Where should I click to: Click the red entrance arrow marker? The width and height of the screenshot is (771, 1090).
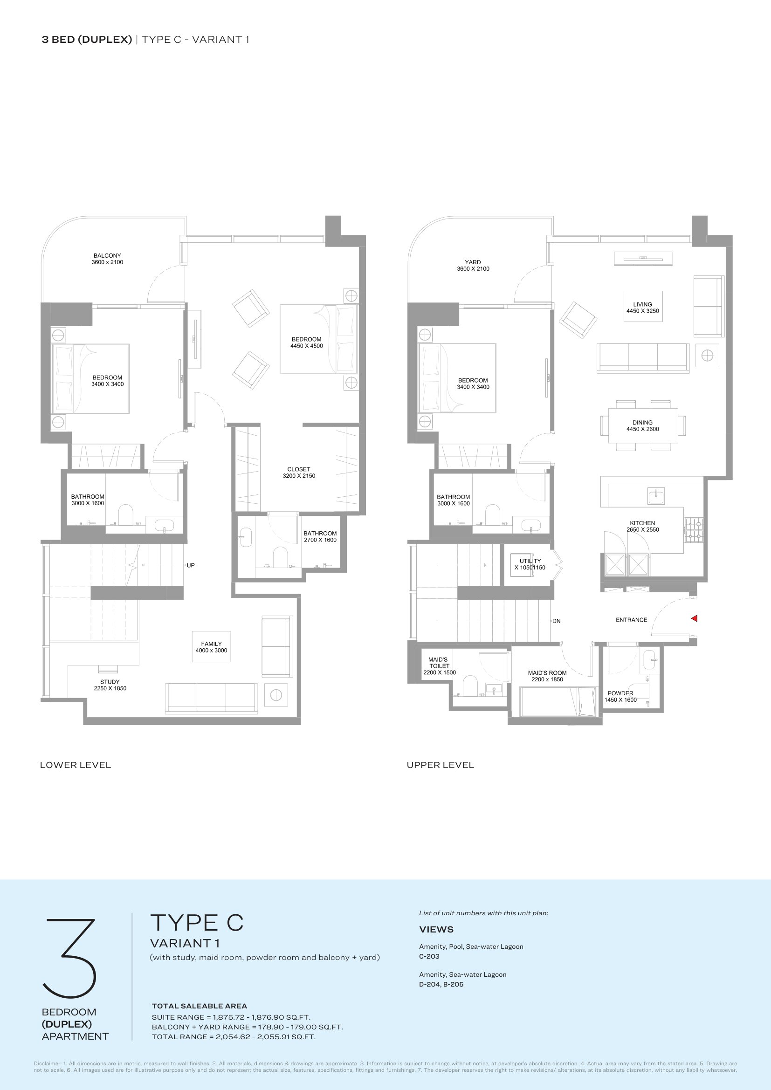(694, 618)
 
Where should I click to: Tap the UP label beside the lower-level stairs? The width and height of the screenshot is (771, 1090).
(190, 565)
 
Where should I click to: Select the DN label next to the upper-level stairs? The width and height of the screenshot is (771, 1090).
(557, 621)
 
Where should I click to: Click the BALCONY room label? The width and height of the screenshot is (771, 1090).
(107, 255)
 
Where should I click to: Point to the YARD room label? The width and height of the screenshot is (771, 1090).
(473, 262)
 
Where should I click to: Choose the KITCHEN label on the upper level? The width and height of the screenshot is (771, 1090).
(642, 523)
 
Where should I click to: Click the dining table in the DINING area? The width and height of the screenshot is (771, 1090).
(643, 425)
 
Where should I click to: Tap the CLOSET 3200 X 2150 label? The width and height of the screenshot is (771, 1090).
(299, 473)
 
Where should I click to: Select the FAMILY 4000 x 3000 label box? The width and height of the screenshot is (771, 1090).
(211, 647)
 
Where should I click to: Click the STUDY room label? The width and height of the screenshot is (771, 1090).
(110, 682)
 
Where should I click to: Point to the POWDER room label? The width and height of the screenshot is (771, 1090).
(620, 693)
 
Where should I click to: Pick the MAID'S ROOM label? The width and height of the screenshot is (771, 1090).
(547, 673)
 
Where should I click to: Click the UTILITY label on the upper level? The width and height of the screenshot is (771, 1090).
(530, 561)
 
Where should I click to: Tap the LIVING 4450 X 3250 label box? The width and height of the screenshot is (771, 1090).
(643, 306)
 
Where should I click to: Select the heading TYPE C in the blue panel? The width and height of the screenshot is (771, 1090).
(197, 923)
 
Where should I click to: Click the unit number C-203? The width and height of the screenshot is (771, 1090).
(429, 957)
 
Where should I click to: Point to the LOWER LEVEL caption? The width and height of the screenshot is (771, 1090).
(76, 765)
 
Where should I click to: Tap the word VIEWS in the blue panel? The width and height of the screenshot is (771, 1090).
(436, 930)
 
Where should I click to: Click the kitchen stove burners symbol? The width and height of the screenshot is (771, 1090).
(694, 530)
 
